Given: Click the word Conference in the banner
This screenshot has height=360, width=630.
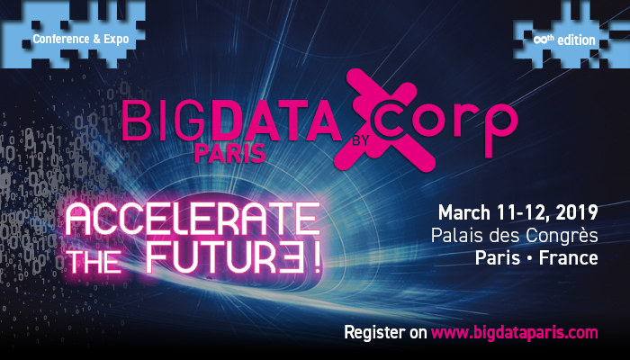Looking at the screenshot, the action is point(61,39).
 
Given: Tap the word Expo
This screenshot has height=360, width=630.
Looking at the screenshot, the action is point(116,40).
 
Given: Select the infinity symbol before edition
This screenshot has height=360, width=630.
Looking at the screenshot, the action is point(539,40).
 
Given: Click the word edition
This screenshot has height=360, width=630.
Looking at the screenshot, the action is point(576,40).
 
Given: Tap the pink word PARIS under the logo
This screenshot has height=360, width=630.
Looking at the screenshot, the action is point(229,153).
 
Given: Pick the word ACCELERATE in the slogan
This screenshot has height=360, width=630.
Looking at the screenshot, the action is point(193,219).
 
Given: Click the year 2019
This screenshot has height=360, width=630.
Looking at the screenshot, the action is point(577,212).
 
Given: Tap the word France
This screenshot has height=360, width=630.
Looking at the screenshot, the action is point(568,257).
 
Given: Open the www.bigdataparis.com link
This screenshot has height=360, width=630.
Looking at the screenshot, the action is point(514,333).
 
